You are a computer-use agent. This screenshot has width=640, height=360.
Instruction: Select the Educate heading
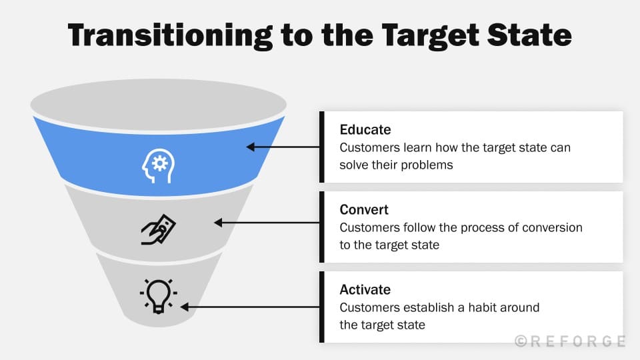pos(365,129)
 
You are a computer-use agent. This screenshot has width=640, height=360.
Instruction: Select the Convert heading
pos(364,210)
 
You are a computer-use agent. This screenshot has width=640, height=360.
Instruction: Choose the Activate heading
pos(365,290)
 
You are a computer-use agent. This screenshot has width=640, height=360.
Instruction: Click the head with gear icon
pos(158,164)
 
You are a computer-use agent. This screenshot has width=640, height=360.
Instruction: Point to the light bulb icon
pos(159,295)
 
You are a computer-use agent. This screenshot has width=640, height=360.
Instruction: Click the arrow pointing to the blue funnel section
pos(283,147)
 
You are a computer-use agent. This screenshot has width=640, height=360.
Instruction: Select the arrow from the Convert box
pos(267,223)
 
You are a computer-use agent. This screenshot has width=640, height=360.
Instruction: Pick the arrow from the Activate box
pos(250,307)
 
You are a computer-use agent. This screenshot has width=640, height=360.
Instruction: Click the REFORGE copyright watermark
pos(570,341)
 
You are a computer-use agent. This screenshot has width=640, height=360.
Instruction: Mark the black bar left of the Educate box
pos(322,147)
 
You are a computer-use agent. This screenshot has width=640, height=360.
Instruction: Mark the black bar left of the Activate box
pos(322,307)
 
